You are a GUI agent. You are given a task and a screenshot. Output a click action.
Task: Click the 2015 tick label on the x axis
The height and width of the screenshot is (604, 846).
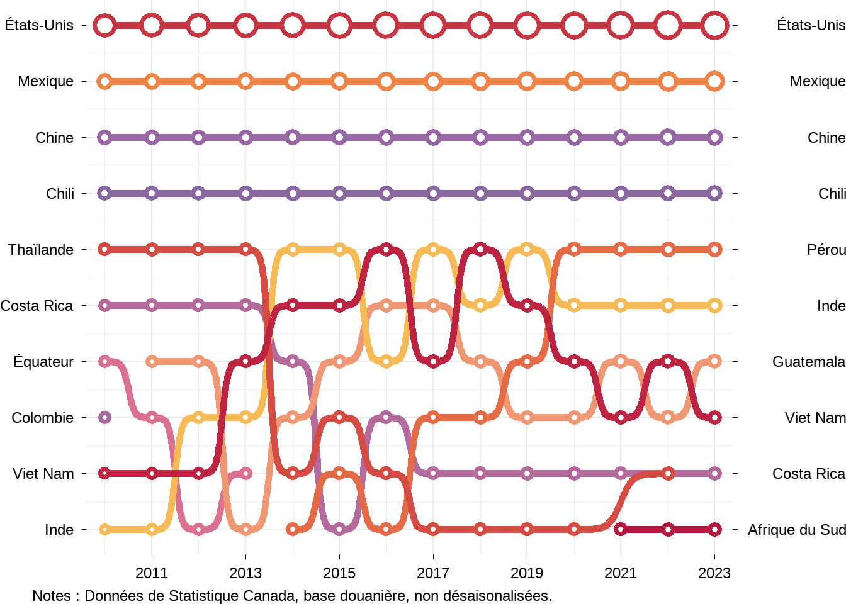pyautogui.click(x=339, y=573)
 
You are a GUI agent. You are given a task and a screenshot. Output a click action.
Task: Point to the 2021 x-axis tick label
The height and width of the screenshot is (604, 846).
pyautogui.click(x=621, y=573)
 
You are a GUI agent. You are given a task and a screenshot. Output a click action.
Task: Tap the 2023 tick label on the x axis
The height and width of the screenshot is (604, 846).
pyautogui.click(x=714, y=573)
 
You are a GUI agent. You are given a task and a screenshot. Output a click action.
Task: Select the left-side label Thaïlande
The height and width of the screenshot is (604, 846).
pyautogui.click(x=41, y=250)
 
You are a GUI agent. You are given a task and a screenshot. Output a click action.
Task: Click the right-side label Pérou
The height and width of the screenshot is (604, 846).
pyautogui.click(x=826, y=250)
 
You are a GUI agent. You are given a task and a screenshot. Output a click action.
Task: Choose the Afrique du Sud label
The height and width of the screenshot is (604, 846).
pyautogui.click(x=796, y=530)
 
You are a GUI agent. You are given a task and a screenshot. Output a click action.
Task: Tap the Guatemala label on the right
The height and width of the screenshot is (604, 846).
pyautogui.click(x=809, y=362)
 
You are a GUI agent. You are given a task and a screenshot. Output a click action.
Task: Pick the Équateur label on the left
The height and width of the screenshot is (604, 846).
pyautogui.click(x=43, y=362)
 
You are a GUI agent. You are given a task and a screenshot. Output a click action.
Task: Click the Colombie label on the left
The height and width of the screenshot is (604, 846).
pyautogui.click(x=43, y=418)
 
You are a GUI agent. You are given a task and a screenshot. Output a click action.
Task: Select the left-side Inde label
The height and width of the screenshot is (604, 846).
pyautogui.click(x=59, y=530)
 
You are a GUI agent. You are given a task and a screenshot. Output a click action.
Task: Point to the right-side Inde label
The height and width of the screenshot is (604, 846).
pyautogui.click(x=831, y=306)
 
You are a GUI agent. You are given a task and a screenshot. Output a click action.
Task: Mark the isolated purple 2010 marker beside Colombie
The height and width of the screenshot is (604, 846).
pyautogui.click(x=105, y=417)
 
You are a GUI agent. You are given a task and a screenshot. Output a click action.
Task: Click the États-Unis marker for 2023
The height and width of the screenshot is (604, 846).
pyautogui.click(x=714, y=26)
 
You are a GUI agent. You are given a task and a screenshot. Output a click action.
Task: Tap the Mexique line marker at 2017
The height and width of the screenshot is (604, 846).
pyautogui.click(x=433, y=81)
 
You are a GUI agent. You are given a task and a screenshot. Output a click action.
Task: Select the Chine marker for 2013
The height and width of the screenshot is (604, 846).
pyautogui.click(x=245, y=137)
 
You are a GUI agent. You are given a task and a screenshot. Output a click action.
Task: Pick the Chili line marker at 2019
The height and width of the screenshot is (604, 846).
pyautogui.click(x=527, y=193)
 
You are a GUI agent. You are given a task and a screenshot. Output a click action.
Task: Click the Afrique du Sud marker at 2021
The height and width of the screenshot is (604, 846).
pyautogui.click(x=621, y=529)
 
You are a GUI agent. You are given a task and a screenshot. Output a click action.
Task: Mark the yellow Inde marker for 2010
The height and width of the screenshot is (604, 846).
pyautogui.click(x=105, y=529)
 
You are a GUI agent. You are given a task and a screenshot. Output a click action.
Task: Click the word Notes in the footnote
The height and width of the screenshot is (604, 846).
pyautogui.click(x=51, y=596)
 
